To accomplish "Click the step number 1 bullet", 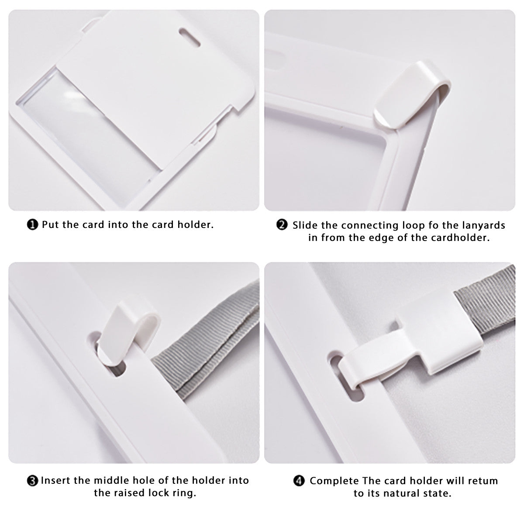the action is (32, 225).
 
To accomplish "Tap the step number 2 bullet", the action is (282, 225).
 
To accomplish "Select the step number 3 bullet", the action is (32, 481).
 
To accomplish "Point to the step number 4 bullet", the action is (299, 481).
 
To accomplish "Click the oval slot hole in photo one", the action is (190, 37).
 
